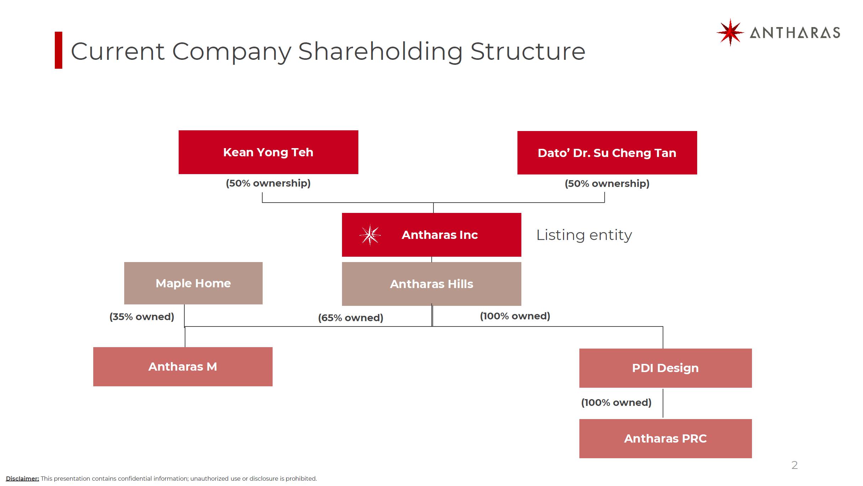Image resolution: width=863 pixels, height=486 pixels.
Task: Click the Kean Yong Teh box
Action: (268, 152)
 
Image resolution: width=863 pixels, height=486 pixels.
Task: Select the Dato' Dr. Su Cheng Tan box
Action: (607, 153)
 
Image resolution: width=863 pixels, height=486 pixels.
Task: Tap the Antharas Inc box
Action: (432, 235)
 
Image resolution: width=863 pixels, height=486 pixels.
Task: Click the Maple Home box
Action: (193, 283)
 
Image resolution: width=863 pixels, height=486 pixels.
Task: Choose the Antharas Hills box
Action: (432, 284)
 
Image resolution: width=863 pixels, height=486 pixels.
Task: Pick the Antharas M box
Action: (183, 367)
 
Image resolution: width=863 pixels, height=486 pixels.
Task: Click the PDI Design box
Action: (665, 368)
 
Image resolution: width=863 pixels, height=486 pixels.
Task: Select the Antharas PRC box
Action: (665, 439)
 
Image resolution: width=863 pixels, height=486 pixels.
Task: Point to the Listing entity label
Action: (584, 235)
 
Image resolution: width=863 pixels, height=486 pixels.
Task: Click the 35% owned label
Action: (142, 317)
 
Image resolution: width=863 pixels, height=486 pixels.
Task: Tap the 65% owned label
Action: (351, 318)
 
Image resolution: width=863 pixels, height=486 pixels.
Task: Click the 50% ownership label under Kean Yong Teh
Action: (268, 183)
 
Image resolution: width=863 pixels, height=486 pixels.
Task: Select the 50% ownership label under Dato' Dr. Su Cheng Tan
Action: (607, 183)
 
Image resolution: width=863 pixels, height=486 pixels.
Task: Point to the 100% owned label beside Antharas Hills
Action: (515, 316)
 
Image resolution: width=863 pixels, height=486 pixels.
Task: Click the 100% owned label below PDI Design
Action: (616, 402)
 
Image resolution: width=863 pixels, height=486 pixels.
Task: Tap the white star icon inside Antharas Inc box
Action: (370, 235)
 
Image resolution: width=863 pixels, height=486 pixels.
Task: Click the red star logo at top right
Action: (730, 32)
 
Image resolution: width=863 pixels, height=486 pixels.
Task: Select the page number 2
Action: (795, 465)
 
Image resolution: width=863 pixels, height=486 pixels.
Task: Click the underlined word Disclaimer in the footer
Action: (22, 479)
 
